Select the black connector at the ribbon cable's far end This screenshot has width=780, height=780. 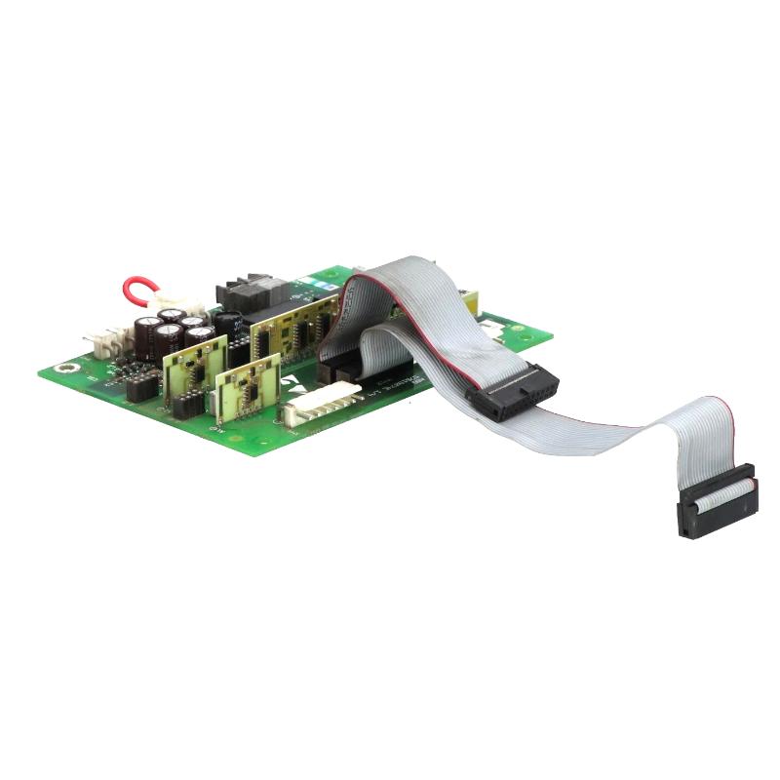[719, 501]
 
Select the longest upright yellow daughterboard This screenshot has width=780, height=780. [292, 328]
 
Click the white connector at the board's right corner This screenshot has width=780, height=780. [497, 332]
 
